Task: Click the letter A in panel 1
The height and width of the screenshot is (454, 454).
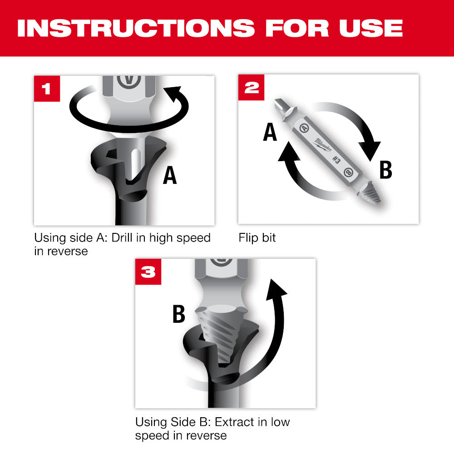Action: tap(170, 176)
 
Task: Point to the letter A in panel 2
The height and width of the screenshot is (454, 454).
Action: tap(270, 133)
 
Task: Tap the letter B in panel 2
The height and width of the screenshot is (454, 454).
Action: tap(385, 171)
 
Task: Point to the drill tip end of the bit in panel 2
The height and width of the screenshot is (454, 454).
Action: tap(280, 108)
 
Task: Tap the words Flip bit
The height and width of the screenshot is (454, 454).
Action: tap(257, 238)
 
